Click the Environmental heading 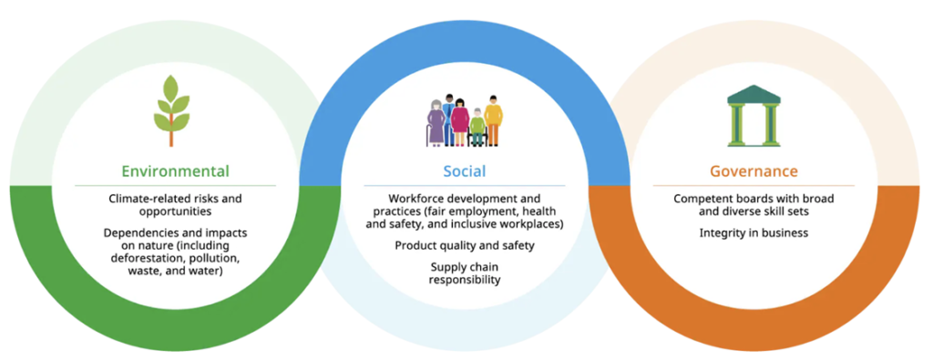tap(176, 171)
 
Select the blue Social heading tap(464, 171)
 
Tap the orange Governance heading tap(754, 171)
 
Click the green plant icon tap(171, 110)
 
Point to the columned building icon tap(754, 116)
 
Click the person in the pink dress tap(459, 122)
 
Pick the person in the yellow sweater tap(493, 121)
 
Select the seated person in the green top tap(477, 128)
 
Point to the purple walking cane tap(427, 136)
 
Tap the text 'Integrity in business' tap(754, 232)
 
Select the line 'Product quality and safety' tap(465, 245)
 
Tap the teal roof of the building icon tap(754, 94)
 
